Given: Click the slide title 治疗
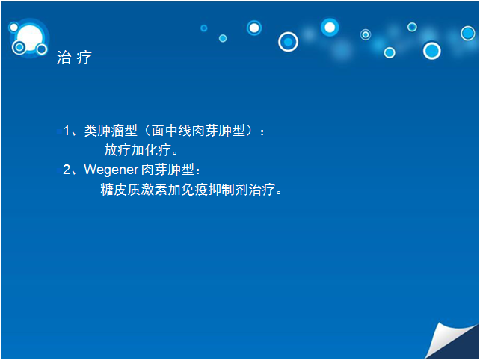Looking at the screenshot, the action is (x=74, y=58).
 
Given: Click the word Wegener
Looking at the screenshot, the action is (x=111, y=170).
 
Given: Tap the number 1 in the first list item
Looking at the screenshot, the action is (x=67, y=131).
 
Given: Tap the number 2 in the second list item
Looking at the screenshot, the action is (x=67, y=170).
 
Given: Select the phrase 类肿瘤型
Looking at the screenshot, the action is (x=111, y=131).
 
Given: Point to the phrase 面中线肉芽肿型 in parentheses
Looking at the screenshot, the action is (x=198, y=131).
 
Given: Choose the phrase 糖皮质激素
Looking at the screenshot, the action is (x=134, y=190).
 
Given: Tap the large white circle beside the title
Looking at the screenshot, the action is (x=30, y=38).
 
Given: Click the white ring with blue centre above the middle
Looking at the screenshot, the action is (x=288, y=42).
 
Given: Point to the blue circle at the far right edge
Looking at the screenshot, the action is (x=468, y=33).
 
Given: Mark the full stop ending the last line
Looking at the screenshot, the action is (x=279, y=193).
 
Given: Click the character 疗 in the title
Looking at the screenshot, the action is (x=84, y=58).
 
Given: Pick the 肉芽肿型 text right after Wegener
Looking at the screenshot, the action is (x=167, y=170).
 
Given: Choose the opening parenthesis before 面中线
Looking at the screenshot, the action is (x=147, y=131).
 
